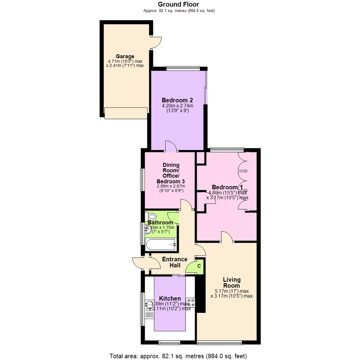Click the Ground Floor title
pyautogui.click(x=178, y=4)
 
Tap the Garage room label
pyautogui.click(x=125, y=56)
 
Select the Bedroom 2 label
pyautogui.click(x=177, y=100)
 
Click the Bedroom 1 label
pyautogui.click(x=227, y=187)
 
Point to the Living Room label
pyautogui.click(x=231, y=283)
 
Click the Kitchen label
pyautogui.click(x=170, y=298)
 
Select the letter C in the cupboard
pyautogui.click(x=199, y=266)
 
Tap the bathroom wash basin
pyautogui.click(x=148, y=229)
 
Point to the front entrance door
pyautogui.click(x=141, y=263)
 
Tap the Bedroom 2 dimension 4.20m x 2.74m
pyautogui.click(x=177, y=106)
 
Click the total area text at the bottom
pyautogui.click(x=178, y=355)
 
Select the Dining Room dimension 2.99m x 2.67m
pyautogui.click(x=171, y=186)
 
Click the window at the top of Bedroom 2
pyautogui.click(x=183, y=69)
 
